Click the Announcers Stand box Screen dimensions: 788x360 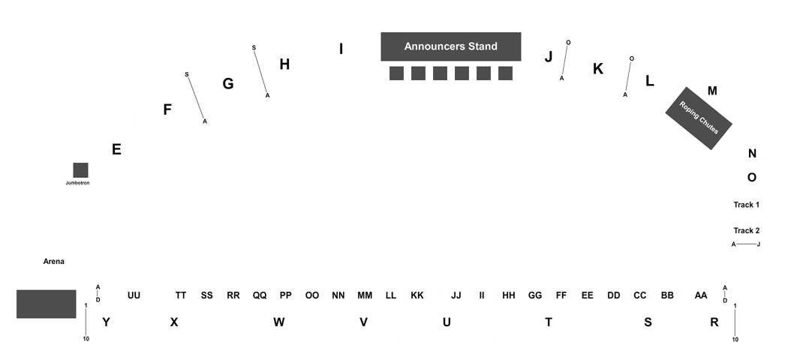click(451, 46)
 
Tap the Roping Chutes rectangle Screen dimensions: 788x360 click(699, 118)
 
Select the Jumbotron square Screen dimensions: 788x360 click(80, 170)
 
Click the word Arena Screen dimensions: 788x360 click(54, 262)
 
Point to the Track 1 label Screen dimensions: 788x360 click(746, 205)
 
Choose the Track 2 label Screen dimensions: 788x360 click(746, 231)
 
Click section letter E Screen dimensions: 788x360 click(116, 149)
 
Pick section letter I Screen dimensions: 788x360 click(341, 49)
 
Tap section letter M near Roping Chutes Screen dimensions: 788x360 click(712, 91)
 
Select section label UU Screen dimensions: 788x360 click(134, 295)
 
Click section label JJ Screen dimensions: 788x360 click(456, 295)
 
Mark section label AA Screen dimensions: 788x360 click(700, 295)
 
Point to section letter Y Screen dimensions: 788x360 click(106, 322)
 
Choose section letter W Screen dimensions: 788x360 click(279, 322)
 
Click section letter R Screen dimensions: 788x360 click(714, 322)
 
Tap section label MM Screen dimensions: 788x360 click(365, 295)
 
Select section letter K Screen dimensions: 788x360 click(598, 69)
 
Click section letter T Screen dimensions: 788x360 click(549, 322)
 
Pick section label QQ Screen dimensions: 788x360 click(260, 295)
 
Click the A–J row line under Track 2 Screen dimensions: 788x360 click(746, 244)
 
